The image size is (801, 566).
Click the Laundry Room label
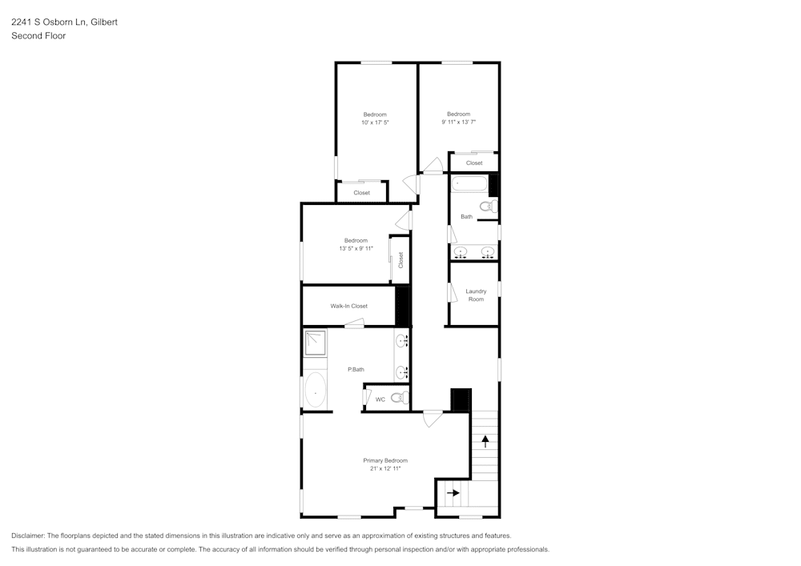[x=476, y=295]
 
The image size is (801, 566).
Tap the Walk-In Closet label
[x=348, y=306]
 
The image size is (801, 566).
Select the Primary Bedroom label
[x=385, y=460]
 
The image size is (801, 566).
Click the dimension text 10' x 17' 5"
[x=375, y=122]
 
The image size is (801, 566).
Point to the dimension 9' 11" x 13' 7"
[x=458, y=122]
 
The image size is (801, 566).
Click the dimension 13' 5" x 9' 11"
[x=356, y=248]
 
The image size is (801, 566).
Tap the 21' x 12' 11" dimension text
[x=385, y=468]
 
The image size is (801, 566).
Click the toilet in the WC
[x=398, y=397]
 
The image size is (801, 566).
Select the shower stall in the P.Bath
[x=315, y=342]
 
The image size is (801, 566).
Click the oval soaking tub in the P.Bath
[x=316, y=391]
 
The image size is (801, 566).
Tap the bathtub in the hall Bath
[x=469, y=185]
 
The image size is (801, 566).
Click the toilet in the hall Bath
[x=487, y=207]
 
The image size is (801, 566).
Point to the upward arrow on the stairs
[x=485, y=440]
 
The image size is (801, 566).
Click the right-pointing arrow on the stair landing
[x=453, y=493]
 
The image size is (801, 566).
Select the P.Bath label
[x=356, y=369]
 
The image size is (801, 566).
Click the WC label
[x=380, y=399]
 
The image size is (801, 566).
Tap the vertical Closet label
[x=400, y=260]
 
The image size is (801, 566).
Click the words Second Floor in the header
[x=38, y=36]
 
